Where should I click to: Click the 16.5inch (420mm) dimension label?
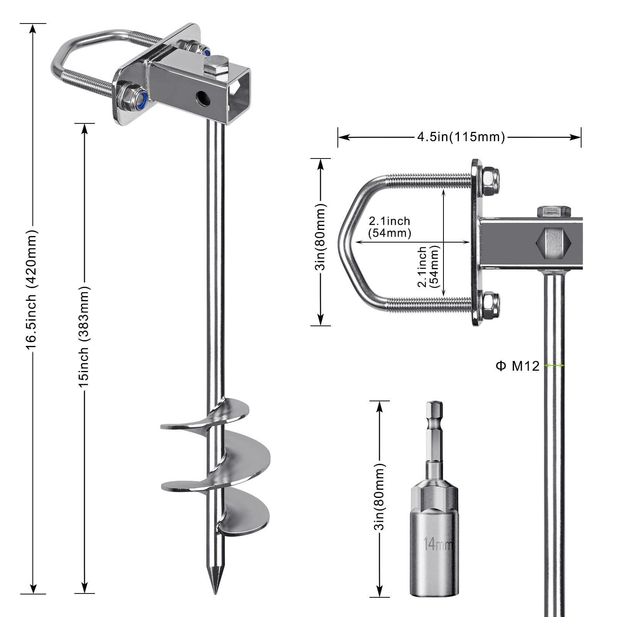coord(32,290)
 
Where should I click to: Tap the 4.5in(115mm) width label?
coord(461,137)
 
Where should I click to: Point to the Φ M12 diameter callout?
coord(518,366)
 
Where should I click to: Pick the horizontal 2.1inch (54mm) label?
coord(389,227)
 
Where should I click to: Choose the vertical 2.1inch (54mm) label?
coord(428,267)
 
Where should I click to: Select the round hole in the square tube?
coord(203,99)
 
